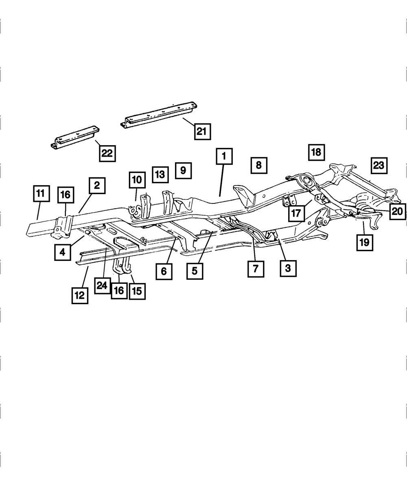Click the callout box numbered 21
point(202,131)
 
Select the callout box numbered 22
point(107,154)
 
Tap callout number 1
point(224,157)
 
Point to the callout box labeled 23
point(379,165)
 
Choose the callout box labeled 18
point(316,152)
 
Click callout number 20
point(397,211)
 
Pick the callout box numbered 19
point(364,242)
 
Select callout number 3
point(288,268)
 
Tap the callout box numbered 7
point(255,269)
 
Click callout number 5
point(195,270)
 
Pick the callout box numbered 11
point(40,194)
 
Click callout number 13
point(160,174)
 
